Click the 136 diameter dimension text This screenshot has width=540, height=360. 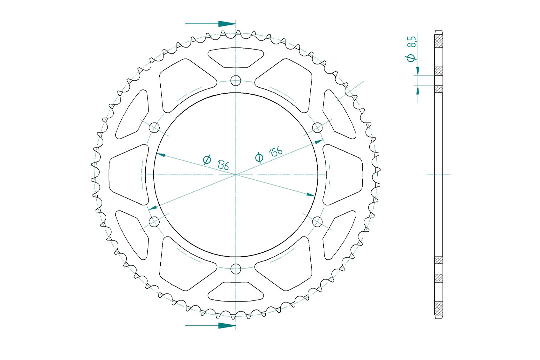click(223, 165)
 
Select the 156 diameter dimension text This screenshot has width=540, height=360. click(276, 152)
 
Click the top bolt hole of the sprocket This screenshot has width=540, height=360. click(236, 81)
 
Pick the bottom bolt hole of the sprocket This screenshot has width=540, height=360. click(236, 268)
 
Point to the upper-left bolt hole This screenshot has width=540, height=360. click(154, 128)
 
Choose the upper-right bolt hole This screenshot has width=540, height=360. click(317, 128)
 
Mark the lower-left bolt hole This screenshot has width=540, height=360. click(154, 222)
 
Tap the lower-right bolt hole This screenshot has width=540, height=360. click(317, 222)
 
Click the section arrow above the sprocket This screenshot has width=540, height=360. click(210, 24)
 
